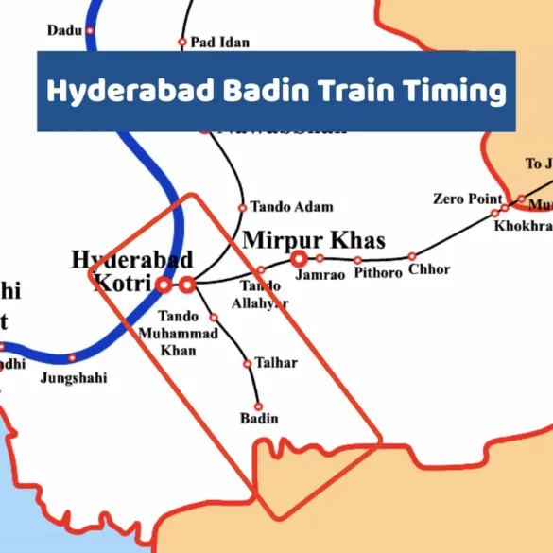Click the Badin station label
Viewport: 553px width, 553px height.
(259, 419)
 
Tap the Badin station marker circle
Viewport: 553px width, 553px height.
(258, 406)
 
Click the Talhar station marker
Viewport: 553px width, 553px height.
(248, 363)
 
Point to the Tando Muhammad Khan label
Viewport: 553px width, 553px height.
(179, 334)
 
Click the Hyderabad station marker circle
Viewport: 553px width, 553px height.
(187, 284)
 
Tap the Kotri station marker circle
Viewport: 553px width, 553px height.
(164, 284)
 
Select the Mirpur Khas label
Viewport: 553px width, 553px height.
(314, 240)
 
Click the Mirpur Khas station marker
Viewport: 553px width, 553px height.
(299, 258)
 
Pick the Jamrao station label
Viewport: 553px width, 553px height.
(317, 275)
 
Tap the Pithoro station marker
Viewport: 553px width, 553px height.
(358, 259)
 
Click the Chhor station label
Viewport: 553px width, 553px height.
(429, 270)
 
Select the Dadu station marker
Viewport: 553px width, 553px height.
(91, 30)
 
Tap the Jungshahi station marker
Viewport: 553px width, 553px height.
(72, 358)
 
